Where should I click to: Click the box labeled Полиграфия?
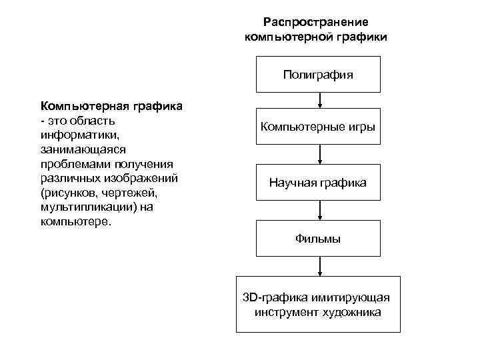pyautogui.click(x=318, y=74)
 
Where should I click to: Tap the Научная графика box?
pyautogui.click(x=318, y=182)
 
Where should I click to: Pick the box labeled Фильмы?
pyautogui.click(x=318, y=238)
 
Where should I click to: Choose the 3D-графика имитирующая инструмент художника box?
pyautogui.click(x=318, y=304)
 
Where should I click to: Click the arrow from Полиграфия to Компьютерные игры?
pyautogui.click(x=321, y=101)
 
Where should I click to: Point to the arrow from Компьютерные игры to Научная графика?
pyautogui.click(x=321, y=155)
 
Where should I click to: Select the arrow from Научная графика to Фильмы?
pyautogui.click(x=321, y=210)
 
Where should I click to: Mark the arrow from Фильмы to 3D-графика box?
pyautogui.click(x=321, y=266)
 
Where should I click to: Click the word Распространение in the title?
pyautogui.click(x=315, y=22)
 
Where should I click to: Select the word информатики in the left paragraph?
pyautogui.click(x=71, y=133)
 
